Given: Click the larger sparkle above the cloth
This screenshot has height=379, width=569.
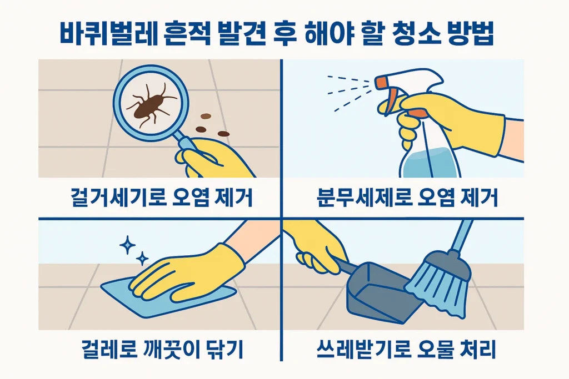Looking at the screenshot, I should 127,244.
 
